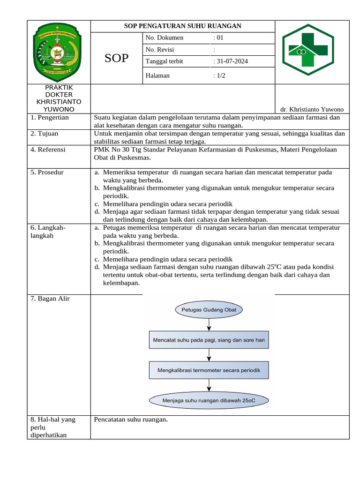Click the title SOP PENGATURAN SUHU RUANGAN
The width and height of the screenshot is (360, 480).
point(182,26)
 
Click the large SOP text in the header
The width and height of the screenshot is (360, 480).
point(116,58)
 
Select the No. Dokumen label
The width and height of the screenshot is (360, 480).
point(165,38)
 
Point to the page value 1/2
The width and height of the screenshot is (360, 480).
point(219,75)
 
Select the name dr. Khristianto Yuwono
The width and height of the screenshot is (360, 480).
point(312,109)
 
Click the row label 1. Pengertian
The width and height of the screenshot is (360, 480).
point(50,118)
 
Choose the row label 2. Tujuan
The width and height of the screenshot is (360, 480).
point(45,134)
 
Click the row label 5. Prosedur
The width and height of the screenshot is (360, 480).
point(47,172)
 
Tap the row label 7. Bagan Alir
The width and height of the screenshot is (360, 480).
point(50,299)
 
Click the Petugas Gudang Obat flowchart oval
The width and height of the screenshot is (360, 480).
point(209,310)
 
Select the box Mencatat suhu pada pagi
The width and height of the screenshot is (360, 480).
point(209,341)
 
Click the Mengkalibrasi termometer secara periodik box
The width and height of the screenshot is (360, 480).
point(209,370)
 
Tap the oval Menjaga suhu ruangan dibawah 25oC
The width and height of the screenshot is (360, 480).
point(209,401)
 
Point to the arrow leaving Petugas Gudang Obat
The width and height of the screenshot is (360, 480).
point(209,324)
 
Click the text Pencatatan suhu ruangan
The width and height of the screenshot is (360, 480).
point(131,420)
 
